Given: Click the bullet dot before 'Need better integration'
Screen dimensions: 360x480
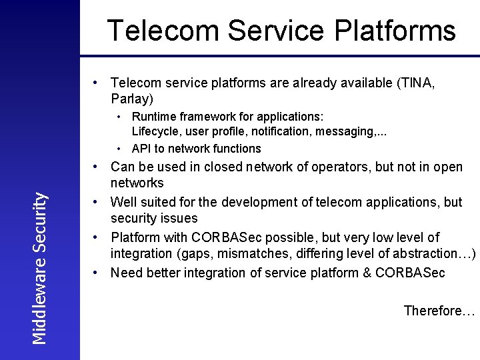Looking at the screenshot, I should click(97, 272).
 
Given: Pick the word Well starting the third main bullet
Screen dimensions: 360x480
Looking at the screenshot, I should click(123, 201).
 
